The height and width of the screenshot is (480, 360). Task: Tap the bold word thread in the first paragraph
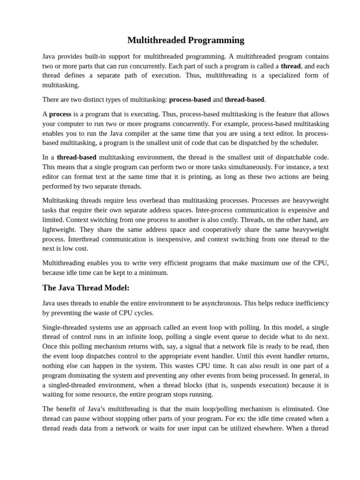291,66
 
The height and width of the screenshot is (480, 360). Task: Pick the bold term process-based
190,99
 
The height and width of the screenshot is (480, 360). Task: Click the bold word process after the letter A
60,114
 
